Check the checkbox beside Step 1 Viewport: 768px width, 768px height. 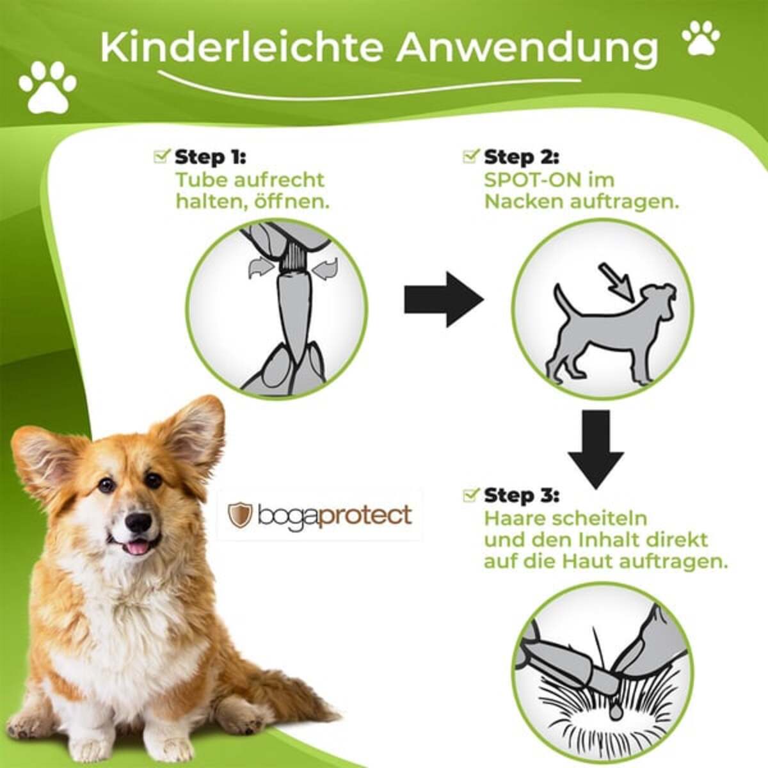click(x=162, y=156)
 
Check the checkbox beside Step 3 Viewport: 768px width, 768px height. click(x=471, y=494)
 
